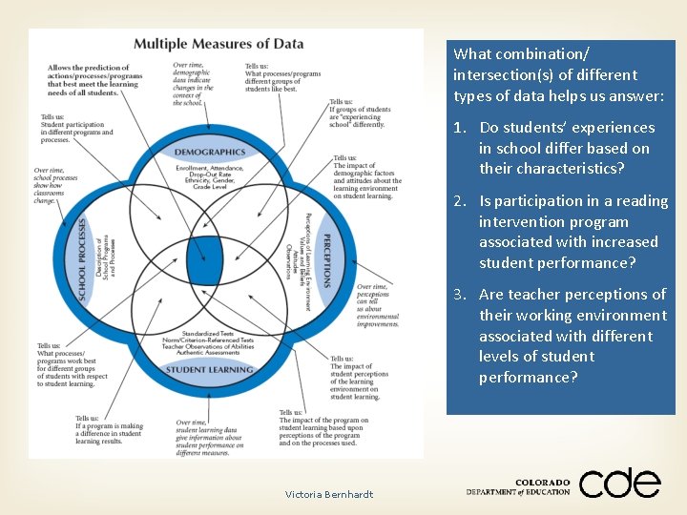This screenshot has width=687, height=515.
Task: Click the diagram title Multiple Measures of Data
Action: [219, 43]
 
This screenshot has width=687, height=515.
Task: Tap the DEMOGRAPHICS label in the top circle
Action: [210, 152]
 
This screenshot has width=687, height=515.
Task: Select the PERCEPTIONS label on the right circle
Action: [326, 260]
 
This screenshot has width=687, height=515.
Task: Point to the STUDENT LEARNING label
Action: [210, 369]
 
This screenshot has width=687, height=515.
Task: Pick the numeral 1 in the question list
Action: [458, 128]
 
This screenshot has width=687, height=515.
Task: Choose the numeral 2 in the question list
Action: [458, 201]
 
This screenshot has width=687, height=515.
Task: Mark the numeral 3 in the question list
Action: [458, 295]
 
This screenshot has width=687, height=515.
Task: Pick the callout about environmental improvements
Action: [378, 305]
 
